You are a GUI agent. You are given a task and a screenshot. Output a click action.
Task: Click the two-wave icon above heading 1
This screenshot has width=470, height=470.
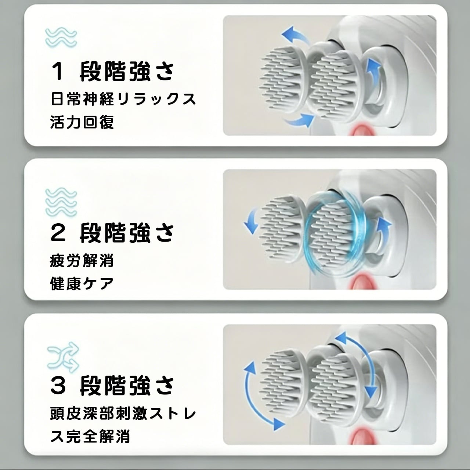click(61, 37)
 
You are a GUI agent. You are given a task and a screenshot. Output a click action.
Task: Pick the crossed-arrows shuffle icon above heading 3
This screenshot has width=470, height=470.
click(63, 357)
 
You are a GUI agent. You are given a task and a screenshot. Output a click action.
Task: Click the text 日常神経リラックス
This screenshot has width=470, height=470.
click(123, 99)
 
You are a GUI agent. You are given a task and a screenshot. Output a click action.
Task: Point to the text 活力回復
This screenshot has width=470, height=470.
click(82, 122)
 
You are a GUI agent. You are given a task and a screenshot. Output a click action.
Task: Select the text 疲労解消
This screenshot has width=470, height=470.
click(82, 260)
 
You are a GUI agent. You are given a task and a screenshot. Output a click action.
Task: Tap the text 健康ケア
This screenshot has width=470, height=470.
click(82, 283)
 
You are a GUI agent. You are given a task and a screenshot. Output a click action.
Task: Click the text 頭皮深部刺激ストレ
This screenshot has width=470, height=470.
click(123, 414)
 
